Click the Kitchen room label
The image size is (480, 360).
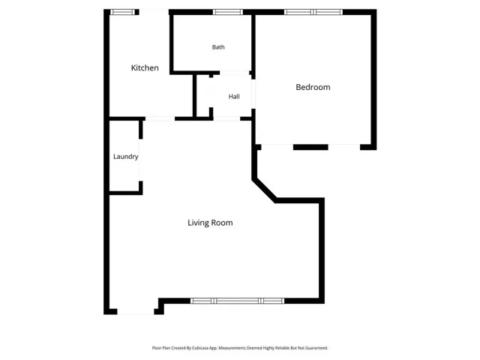tap(145, 67)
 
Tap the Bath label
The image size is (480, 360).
tap(218, 47)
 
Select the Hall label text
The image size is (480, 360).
tap(234, 97)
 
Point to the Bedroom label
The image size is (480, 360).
tap(313, 87)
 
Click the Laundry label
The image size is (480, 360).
tap(126, 157)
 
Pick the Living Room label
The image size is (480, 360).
tap(210, 223)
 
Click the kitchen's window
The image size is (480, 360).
tap(122, 12)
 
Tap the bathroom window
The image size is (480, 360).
tap(228, 12)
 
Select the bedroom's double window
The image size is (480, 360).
tap(313, 12)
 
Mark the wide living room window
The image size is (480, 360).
tap(237, 301)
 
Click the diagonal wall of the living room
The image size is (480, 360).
tap(265, 190)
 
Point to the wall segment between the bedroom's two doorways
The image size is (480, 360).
tap(310, 147)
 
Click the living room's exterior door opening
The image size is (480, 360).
tap(136, 312)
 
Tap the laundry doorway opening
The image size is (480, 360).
tap(140, 160)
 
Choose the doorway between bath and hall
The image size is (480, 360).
tap(235, 73)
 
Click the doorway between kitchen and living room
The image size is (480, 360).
tap(160, 118)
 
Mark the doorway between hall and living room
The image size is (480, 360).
tap(226, 118)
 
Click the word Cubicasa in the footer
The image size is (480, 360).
tap(200, 348)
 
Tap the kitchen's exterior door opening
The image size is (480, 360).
tap(154, 12)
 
